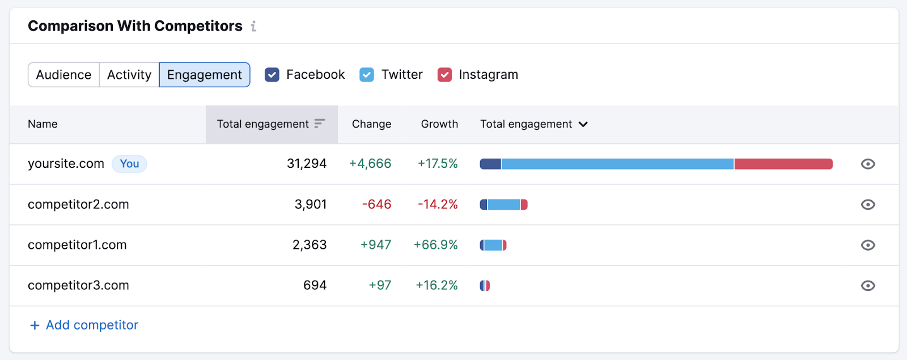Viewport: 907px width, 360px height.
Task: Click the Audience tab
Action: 63,75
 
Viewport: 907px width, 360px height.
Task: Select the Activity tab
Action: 129,75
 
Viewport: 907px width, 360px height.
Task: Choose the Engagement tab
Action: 204,75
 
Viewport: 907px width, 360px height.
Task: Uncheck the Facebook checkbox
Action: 272,75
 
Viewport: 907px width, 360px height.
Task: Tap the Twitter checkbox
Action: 367,75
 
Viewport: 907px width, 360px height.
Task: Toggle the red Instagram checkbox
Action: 445,75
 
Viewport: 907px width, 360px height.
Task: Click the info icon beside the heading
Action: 253,26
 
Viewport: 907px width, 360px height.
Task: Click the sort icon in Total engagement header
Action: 320,124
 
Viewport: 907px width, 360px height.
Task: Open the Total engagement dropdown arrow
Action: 583,124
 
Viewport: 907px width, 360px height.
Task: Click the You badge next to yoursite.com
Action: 129,164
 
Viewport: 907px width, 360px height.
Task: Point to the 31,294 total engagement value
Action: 306,164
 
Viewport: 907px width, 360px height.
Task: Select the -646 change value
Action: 376,205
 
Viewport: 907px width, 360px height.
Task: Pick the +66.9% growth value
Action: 435,245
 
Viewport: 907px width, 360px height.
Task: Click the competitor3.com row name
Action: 78,286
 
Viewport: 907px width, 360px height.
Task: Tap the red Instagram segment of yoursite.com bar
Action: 783,164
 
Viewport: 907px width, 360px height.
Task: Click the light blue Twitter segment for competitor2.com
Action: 504,205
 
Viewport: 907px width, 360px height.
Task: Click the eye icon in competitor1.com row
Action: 867,245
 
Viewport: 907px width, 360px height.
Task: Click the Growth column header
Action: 439,124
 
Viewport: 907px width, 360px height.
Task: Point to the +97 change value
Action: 380,286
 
